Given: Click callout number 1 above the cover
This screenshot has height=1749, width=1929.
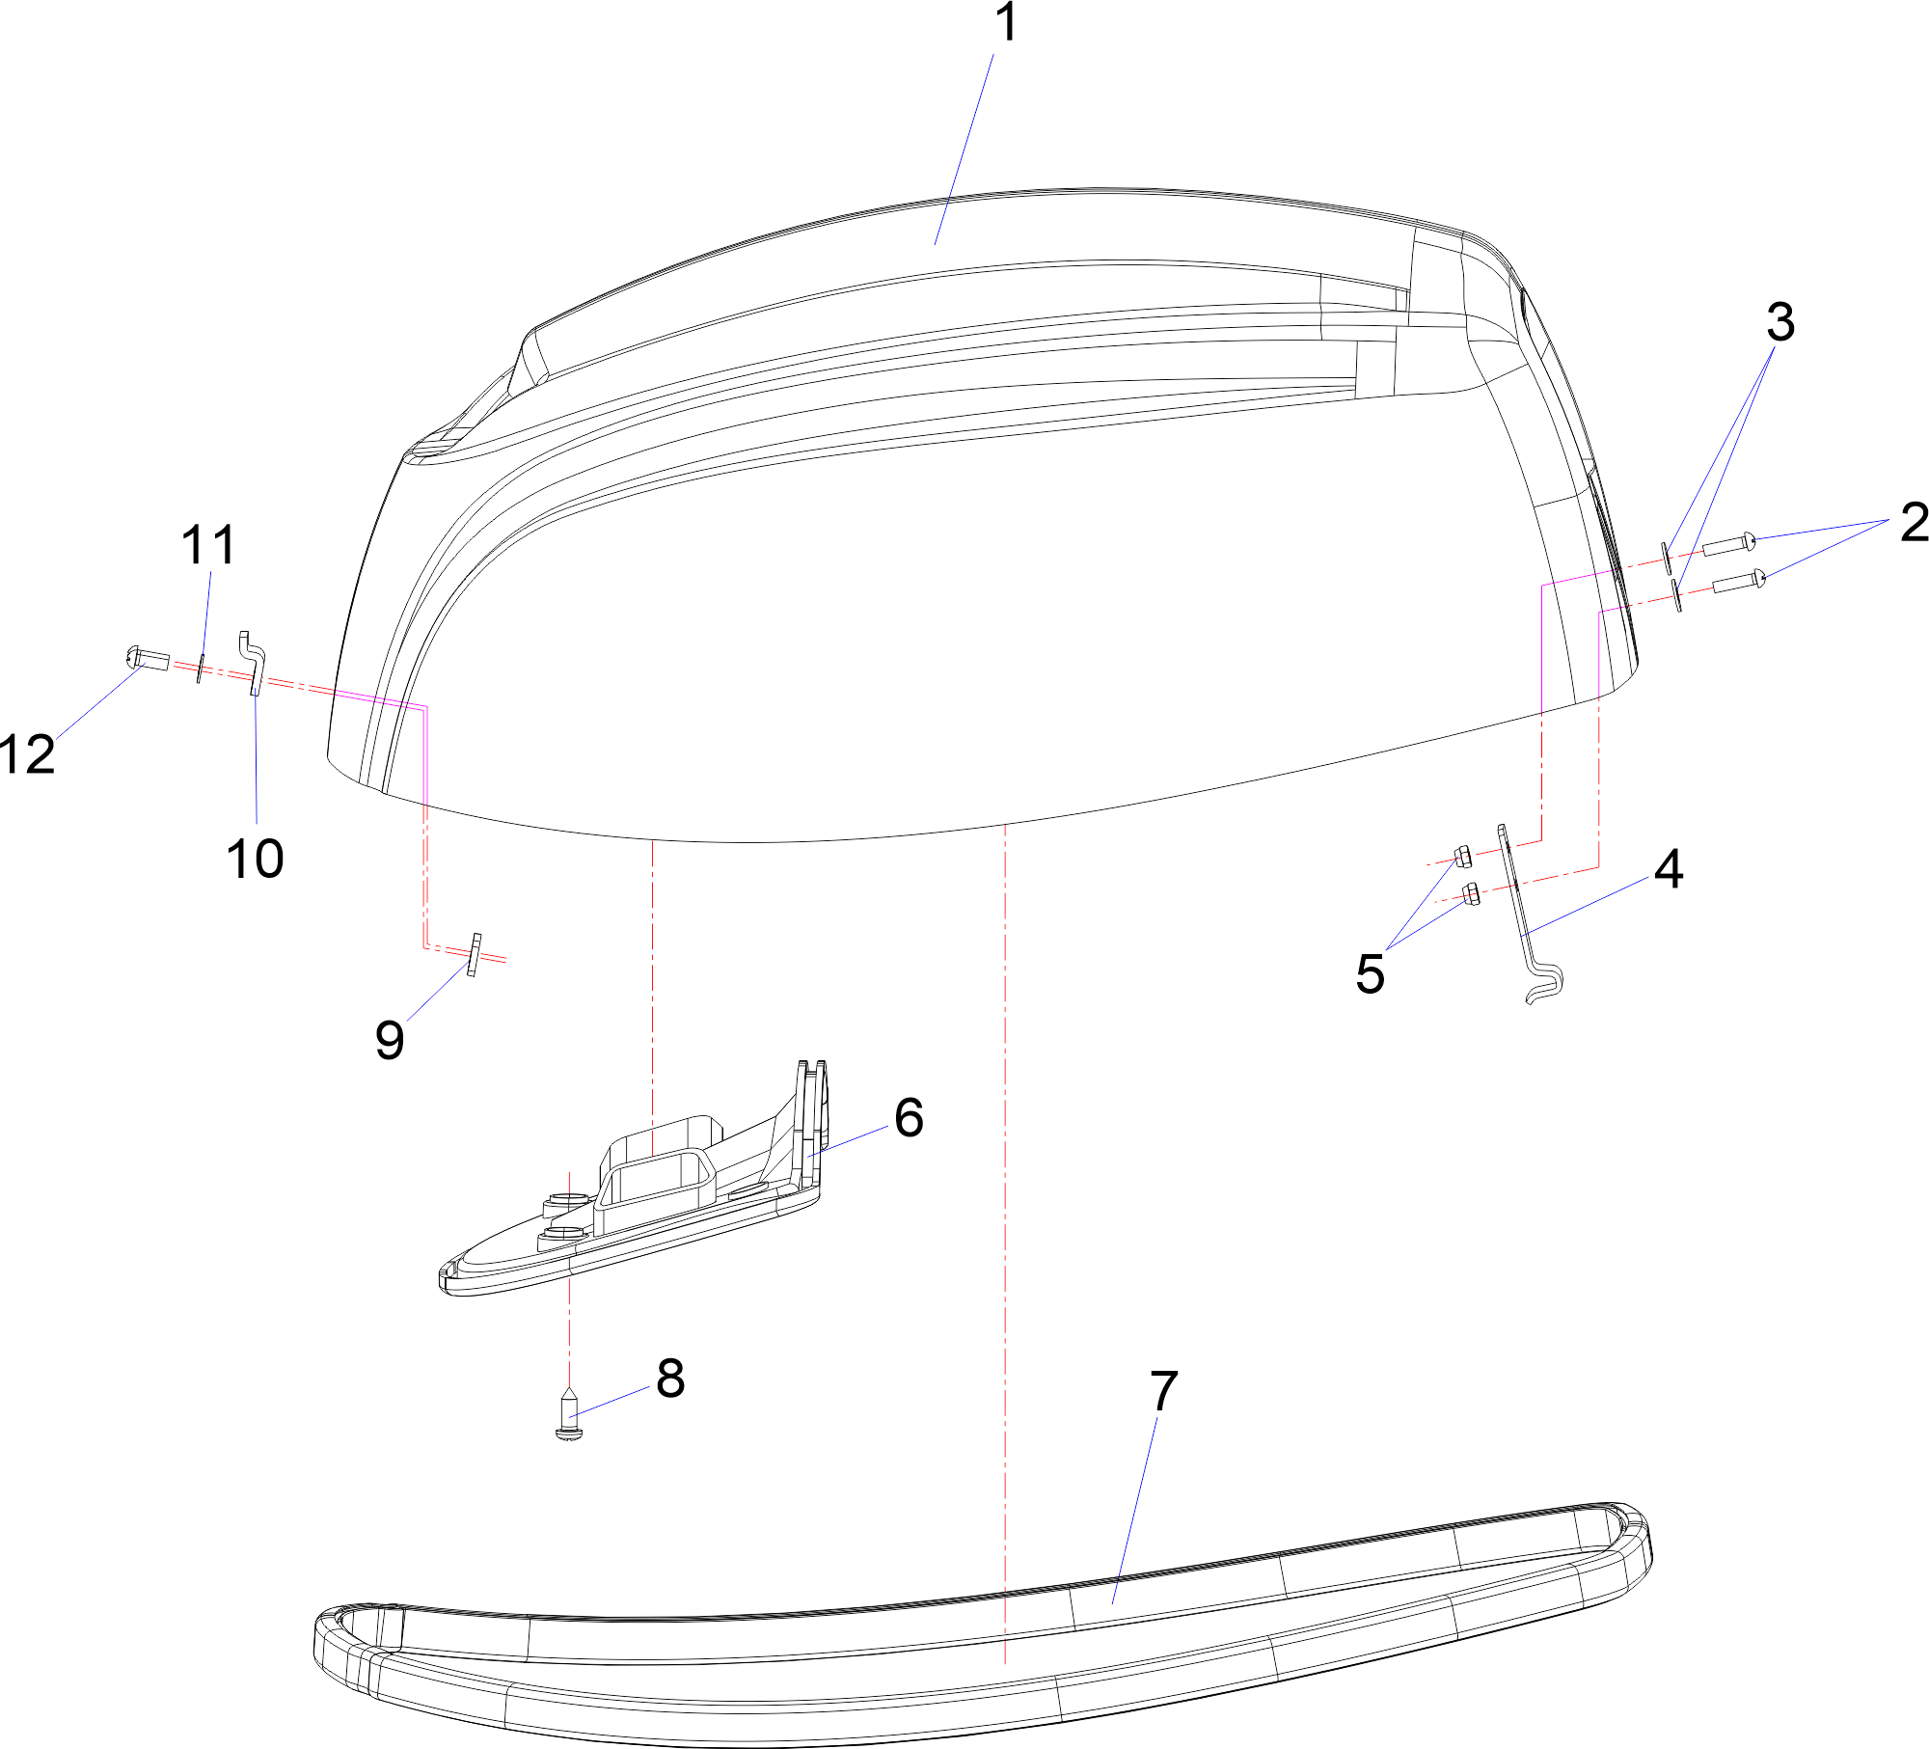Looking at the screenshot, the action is click(1006, 23).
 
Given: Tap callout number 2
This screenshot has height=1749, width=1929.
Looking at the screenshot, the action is click(1915, 522).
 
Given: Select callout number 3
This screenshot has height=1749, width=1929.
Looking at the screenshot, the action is click(1780, 322).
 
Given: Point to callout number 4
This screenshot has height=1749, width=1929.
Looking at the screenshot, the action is click(1669, 869).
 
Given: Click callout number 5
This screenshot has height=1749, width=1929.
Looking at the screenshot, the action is click(1370, 973).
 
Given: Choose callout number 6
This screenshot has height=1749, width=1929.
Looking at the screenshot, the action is click(909, 1117).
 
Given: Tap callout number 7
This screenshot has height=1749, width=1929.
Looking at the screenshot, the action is click(1164, 1391).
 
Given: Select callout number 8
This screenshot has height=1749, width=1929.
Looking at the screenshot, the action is click(670, 1378).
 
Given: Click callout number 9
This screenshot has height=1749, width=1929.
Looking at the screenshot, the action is click(390, 1040).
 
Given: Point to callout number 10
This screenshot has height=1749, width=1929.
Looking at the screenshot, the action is click(256, 858).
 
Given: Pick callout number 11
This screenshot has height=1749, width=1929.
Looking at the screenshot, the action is click(209, 545).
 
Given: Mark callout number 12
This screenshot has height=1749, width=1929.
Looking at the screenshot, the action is click(28, 753).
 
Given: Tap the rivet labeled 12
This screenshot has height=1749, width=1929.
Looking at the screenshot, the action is click(148, 659).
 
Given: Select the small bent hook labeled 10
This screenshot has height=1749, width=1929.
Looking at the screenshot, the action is click(253, 664).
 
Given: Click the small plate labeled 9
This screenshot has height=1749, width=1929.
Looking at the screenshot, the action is click(474, 955).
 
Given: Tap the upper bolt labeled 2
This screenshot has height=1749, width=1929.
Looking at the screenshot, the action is click(1729, 545).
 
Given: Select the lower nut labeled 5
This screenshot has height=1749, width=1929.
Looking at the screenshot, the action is click(1471, 893).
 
